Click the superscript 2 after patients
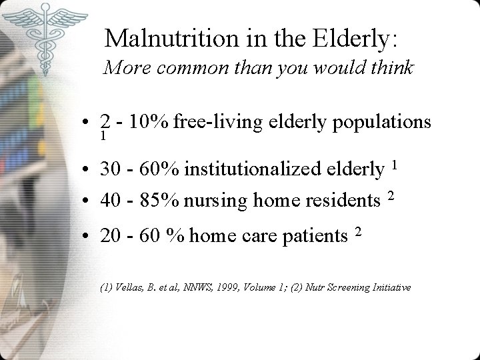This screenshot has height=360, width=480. tap(358, 231)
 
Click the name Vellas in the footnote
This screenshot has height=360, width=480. tap(123, 288)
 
